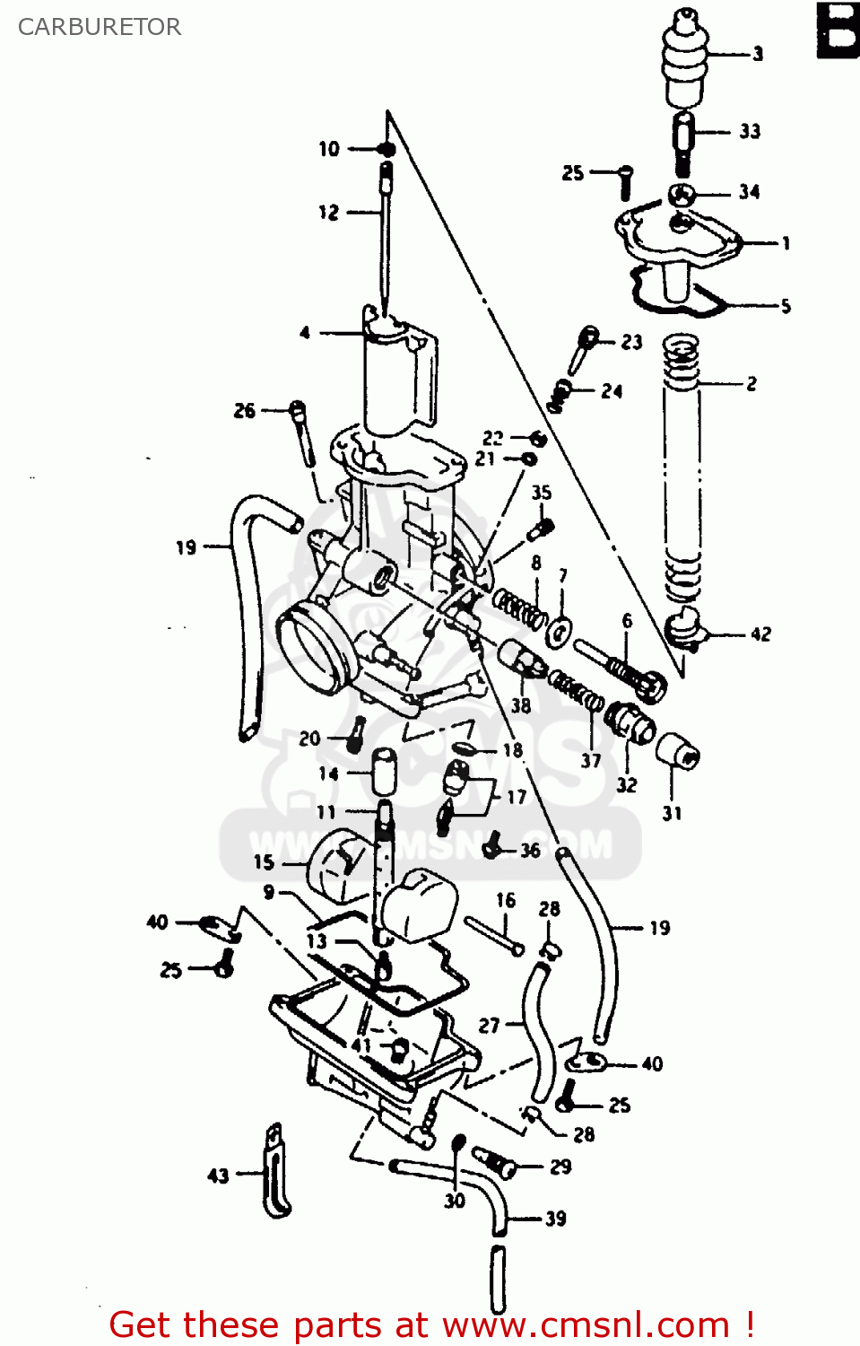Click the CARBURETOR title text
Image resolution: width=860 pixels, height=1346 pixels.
tap(100, 27)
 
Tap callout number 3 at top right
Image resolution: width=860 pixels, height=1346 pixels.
tap(758, 54)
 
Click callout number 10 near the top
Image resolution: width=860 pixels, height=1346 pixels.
tap(329, 149)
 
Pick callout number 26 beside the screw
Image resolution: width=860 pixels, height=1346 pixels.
tap(245, 411)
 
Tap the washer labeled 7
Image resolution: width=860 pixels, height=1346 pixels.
tap(560, 632)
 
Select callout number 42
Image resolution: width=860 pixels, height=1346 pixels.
tap(760, 634)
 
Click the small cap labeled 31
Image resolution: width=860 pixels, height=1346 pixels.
tap(678, 750)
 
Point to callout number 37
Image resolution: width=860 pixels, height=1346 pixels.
tap(591, 761)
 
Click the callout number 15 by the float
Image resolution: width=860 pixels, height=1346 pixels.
tap(264, 862)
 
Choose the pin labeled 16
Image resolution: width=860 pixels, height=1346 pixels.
tap(494, 934)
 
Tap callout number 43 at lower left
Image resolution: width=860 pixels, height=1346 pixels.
tap(218, 1176)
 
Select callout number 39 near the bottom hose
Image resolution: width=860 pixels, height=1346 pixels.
tap(556, 1219)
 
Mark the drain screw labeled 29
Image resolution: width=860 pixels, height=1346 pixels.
tap(496, 1162)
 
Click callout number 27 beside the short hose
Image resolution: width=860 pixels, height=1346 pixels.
tap(489, 1025)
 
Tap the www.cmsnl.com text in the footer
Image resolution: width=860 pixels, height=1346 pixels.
tap(586, 1325)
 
